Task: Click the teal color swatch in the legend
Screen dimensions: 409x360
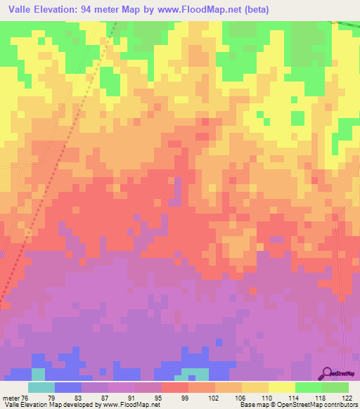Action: (41, 387)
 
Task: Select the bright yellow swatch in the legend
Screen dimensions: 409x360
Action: (281, 387)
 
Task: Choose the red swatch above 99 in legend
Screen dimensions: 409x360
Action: (174, 387)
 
